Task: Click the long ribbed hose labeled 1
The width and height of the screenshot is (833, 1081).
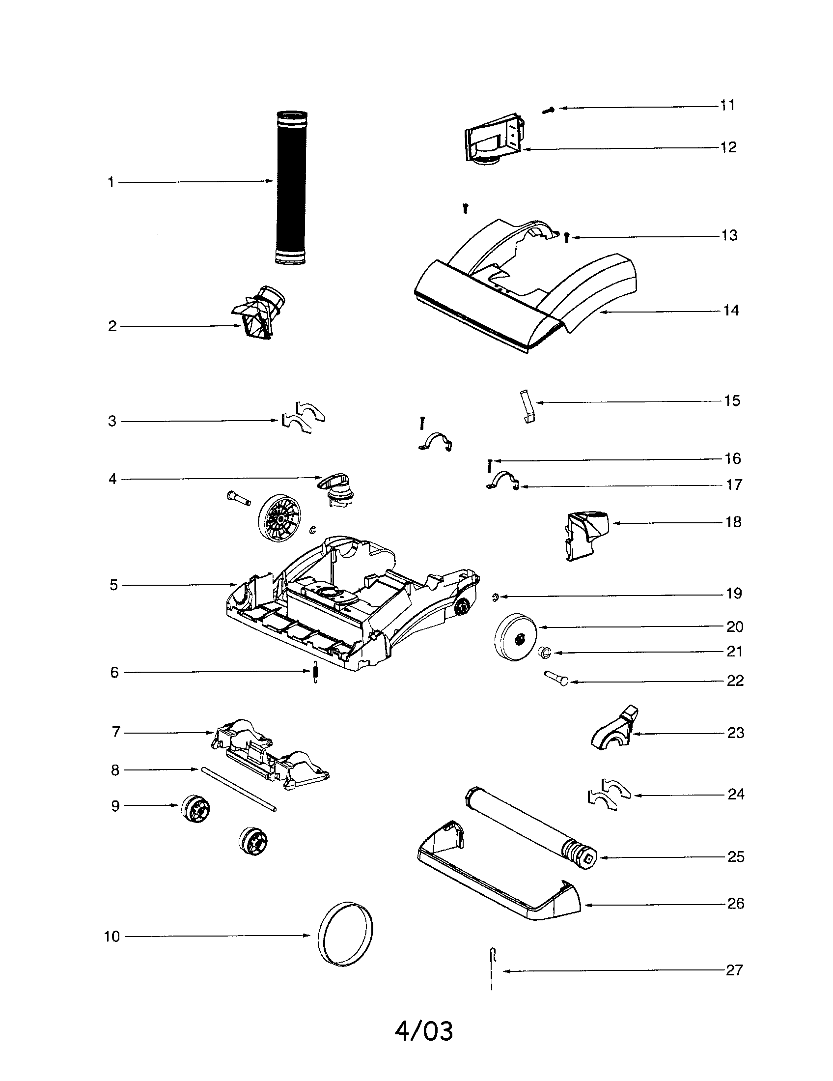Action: pos(291,188)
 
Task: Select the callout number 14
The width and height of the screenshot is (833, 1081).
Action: pos(731,311)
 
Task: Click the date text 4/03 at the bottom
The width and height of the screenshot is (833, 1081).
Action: pos(423,1031)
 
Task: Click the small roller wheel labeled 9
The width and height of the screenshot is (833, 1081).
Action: pos(195,808)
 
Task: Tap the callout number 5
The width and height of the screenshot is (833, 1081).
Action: pos(114,585)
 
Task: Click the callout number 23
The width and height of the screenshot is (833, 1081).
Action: pos(735,733)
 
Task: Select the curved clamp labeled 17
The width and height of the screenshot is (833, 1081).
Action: pos(502,480)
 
